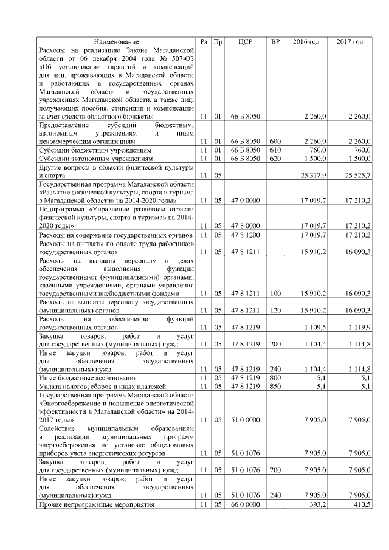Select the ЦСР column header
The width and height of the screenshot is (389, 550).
246,41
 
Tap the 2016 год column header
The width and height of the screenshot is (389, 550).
306,41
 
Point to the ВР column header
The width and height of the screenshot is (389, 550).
275,41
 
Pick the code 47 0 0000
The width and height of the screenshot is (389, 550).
246,201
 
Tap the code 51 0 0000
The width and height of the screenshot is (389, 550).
246,419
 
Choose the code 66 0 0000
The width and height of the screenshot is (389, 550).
246,504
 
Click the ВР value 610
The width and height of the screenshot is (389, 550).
275,150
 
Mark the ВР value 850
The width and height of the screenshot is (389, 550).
275,385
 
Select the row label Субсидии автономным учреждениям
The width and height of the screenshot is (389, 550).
91,158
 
